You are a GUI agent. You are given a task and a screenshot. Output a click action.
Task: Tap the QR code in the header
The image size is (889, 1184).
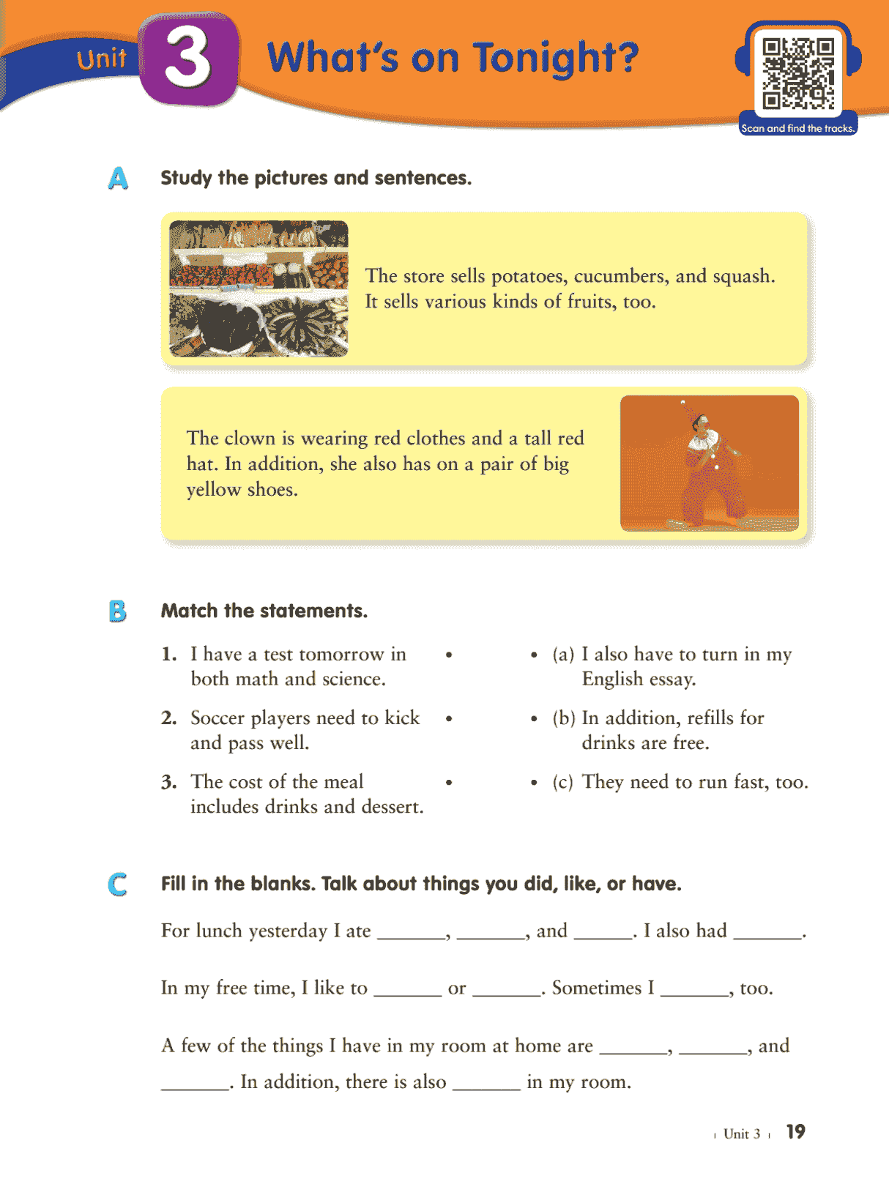click(x=797, y=73)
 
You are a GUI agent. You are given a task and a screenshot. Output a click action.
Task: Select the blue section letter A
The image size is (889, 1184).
click(x=118, y=178)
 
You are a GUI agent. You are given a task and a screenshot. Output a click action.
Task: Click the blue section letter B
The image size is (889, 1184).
click(x=117, y=611)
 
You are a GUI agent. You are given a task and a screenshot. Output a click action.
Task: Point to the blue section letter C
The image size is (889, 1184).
click(x=117, y=884)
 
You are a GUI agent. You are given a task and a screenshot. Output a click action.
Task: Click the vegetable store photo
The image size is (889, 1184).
click(x=258, y=288)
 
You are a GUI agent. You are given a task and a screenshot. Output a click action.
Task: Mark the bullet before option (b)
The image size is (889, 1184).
click(x=534, y=719)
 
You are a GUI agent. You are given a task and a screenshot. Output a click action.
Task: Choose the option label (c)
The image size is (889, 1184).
click(x=562, y=782)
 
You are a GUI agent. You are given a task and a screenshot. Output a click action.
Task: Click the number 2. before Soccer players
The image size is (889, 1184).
click(x=169, y=718)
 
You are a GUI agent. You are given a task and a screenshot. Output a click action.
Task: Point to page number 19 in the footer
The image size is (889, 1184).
click(x=795, y=1132)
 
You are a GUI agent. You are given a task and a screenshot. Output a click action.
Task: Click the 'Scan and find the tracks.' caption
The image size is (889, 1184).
click(x=797, y=128)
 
